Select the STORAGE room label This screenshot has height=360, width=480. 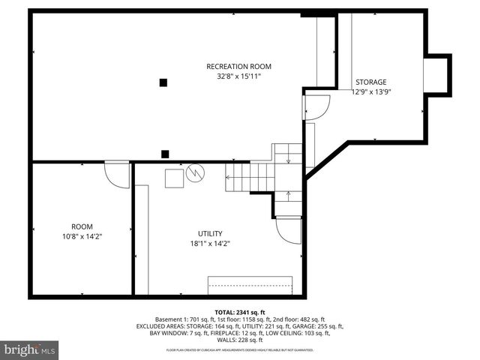coord(370,82)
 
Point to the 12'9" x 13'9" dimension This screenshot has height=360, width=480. coord(372,91)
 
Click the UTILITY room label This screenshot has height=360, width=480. coord(210,233)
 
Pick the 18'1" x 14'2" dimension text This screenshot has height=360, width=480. coord(210,243)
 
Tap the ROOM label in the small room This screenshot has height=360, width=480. coord(82,226)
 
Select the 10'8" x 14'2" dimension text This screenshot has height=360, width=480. coord(82,236)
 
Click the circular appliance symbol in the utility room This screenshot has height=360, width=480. coord(195,173)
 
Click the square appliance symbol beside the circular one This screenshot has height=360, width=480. coord(174,178)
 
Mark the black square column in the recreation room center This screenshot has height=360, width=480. coord(163,82)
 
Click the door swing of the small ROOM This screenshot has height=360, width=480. coord(116,174)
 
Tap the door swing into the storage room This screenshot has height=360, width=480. coord(317,107)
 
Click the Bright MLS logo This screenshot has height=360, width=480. coord(30,349)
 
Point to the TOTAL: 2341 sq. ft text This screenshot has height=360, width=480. coord(239,311)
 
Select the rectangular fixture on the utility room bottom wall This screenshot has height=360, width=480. coord(250,285)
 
